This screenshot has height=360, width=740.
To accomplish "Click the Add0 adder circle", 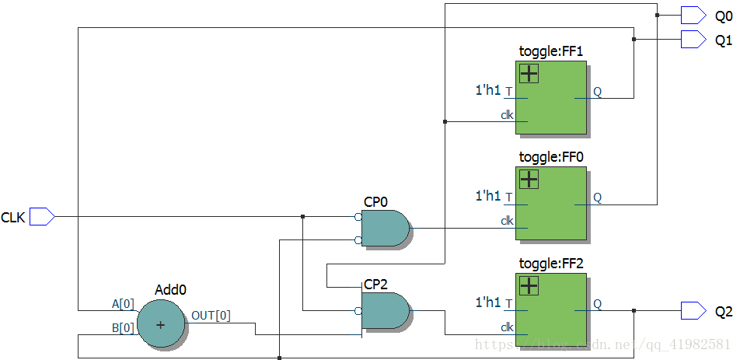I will coord(161,323).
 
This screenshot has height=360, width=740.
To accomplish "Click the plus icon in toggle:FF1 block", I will coord(529,74).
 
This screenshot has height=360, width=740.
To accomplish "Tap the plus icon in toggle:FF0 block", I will coord(529,179).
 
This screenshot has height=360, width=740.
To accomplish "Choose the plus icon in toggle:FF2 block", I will coord(529,285).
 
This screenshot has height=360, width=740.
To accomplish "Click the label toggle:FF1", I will coord(550,52).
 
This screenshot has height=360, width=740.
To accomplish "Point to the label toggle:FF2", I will coord(550,264).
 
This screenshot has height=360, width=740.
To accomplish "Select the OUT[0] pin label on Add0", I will coord(210,315).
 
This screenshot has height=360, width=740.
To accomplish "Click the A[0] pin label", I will coord(123,303).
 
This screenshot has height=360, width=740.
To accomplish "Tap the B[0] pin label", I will coord(123,328).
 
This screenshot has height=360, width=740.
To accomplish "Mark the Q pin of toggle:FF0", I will coord(597,197).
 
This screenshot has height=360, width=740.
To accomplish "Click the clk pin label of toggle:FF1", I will coord(507,115).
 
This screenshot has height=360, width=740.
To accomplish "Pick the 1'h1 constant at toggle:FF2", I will coord(488,302).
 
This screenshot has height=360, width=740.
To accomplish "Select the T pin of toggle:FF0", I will coord(508,197).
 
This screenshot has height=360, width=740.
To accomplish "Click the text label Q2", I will coord(724,312).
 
